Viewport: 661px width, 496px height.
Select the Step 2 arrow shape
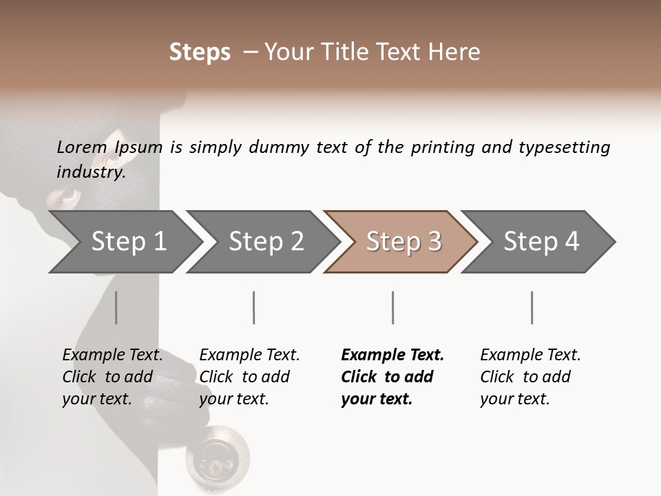click(x=265, y=241)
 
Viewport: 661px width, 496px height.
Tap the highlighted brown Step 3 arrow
click(x=403, y=241)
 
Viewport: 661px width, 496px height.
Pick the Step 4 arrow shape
click(x=541, y=241)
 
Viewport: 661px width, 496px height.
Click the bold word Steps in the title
click(x=200, y=52)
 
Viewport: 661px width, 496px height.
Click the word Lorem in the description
click(x=81, y=147)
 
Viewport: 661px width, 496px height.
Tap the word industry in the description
click(x=91, y=172)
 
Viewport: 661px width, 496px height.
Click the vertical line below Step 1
click(x=116, y=307)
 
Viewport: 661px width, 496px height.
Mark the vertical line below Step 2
click(x=254, y=307)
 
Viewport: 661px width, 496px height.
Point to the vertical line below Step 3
click(x=392, y=307)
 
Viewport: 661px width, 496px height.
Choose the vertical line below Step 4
click(x=532, y=307)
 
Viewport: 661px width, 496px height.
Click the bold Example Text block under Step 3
click(x=392, y=377)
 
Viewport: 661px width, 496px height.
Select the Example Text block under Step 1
click(x=112, y=377)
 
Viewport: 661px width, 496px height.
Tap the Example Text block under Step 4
click(x=530, y=377)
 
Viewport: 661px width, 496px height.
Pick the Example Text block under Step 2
click(x=249, y=377)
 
